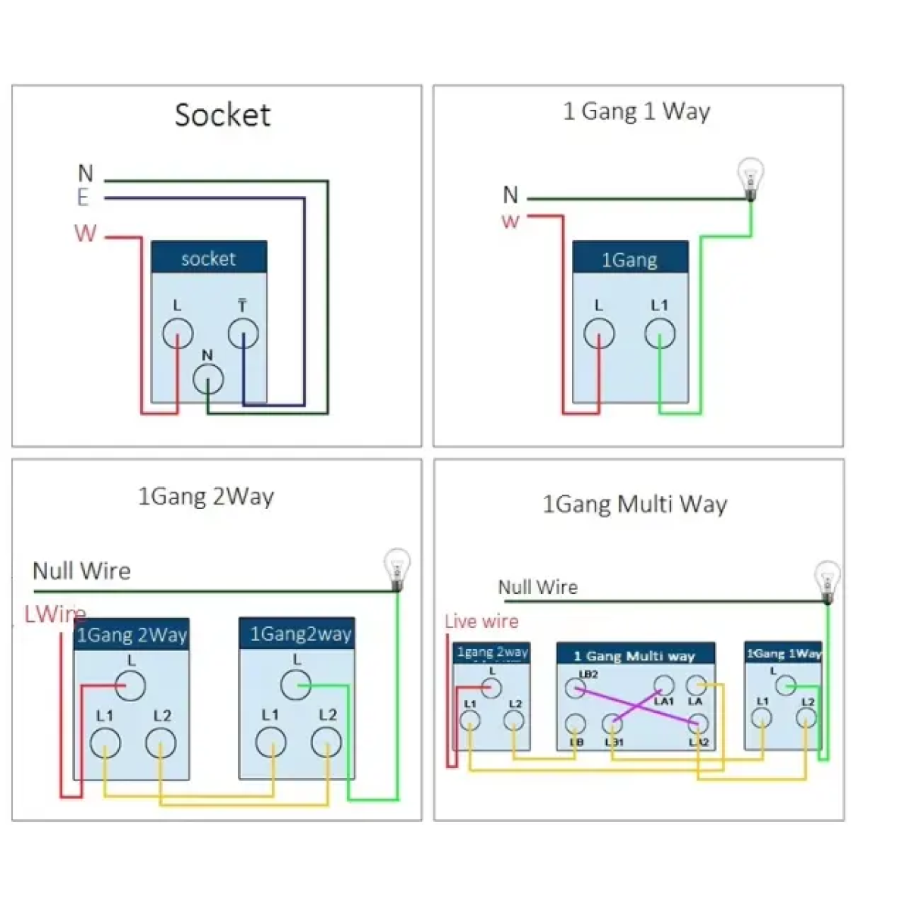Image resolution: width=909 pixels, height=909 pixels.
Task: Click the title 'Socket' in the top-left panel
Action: pyautogui.click(x=222, y=115)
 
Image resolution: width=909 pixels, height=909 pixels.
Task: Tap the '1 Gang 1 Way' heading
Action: pyautogui.click(x=636, y=111)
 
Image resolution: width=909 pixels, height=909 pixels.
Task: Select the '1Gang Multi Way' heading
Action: pyautogui.click(x=635, y=504)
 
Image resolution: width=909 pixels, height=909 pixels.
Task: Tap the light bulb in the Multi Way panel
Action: pyautogui.click(x=826, y=579)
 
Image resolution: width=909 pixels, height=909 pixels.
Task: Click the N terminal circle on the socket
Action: pyautogui.click(x=208, y=380)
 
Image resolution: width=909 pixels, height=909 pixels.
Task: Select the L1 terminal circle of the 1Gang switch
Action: pyautogui.click(x=660, y=333)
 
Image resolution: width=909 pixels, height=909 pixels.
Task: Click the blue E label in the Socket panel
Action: pyautogui.click(x=83, y=198)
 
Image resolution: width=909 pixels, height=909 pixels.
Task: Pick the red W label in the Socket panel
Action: pyautogui.click(x=86, y=233)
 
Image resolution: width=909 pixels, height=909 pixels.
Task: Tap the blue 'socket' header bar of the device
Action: pyautogui.click(x=208, y=258)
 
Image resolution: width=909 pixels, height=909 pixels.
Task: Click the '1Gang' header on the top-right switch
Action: pyautogui.click(x=629, y=259)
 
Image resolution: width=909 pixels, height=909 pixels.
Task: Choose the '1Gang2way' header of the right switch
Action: pyautogui.click(x=301, y=634)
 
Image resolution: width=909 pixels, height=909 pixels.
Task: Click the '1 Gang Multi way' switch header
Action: pyautogui.click(x=634, y=655)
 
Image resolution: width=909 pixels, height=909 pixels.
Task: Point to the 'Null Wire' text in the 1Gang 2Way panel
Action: pyautogui.click(x=82, y=570)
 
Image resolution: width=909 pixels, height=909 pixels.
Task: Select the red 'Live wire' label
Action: pyautogui.click(x=482, y=622)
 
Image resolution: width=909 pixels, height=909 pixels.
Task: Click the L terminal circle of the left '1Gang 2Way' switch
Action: pyautogui.click(x=130, y=686)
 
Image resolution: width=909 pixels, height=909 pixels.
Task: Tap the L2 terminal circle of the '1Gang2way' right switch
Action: pyautogui.click(x=326, y=743)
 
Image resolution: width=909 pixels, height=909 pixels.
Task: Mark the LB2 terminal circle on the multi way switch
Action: pyautogui.click(x=575, y=689)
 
